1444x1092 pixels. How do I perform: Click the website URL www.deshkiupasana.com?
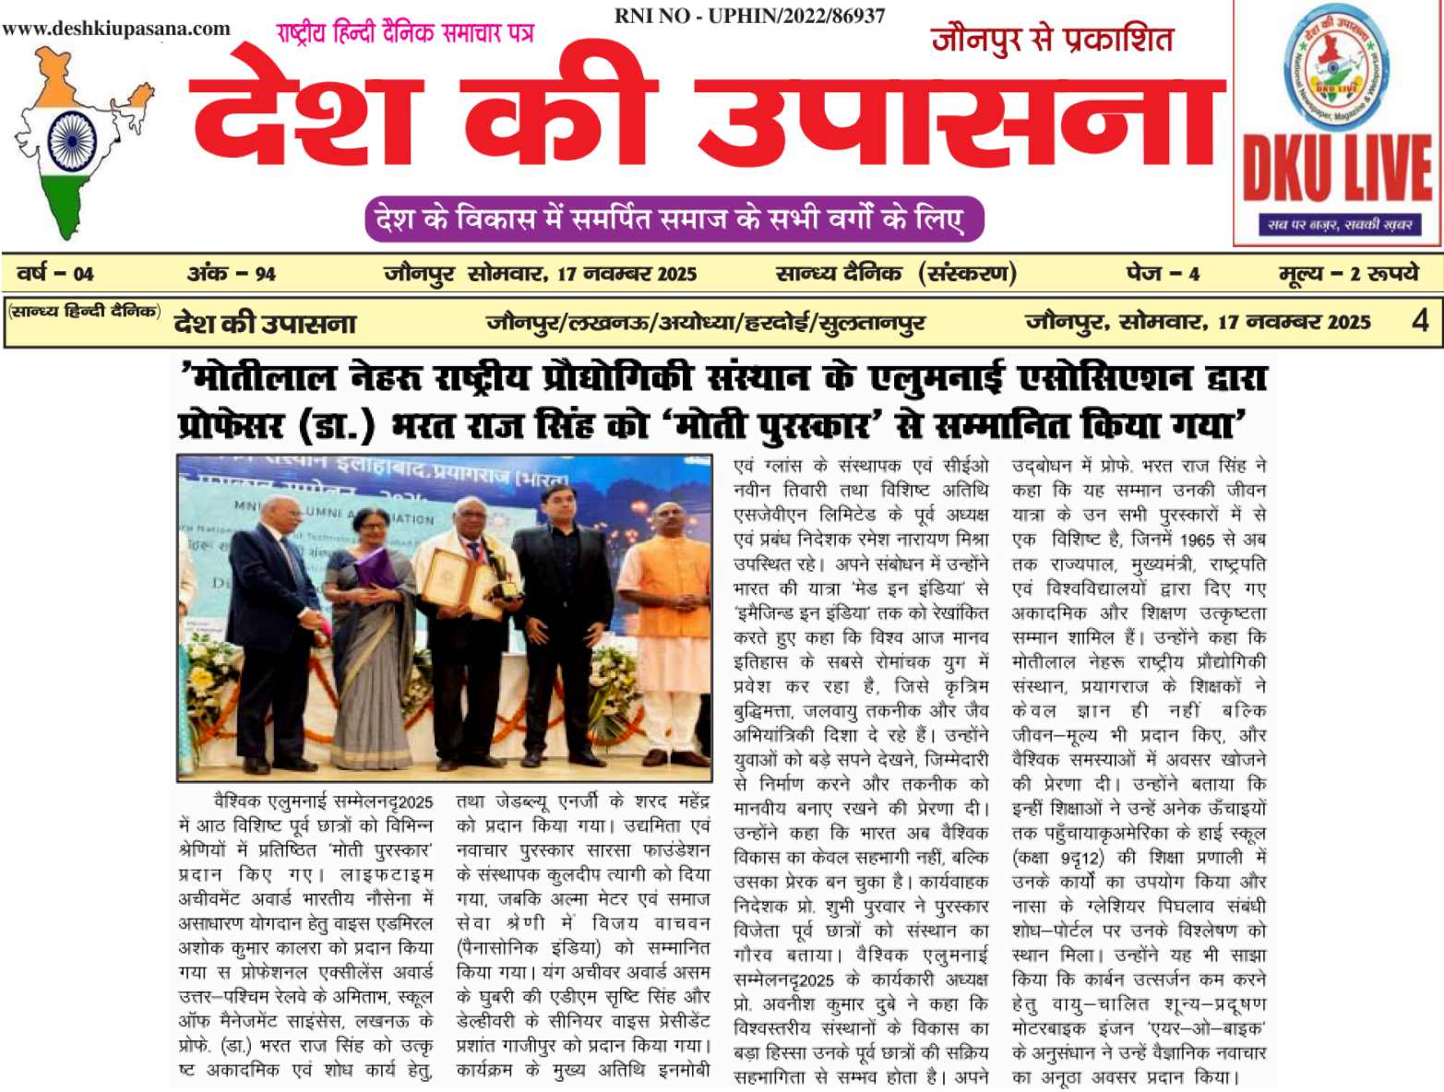pyautogui.click(x=116, y=29)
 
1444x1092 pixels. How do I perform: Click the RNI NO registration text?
pyautogui.click(x=749, y=16)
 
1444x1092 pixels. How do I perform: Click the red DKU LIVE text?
pyautogui.click(x=1337, y=169)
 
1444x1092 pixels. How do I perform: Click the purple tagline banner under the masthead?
pyautogui.click(x=674, y=220)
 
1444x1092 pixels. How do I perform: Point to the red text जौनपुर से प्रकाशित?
pyautogui.click(x=1052, y=40)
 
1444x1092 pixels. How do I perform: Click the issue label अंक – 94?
pyautogui.click(x=232, y=274)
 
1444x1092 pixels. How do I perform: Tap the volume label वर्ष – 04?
pyautogui.click(x=55, y=274)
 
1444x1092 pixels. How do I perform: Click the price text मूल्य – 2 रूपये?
pyautogui.click(x=1348, y=274)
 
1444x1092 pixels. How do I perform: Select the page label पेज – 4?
pyautogui.click(x=1162, y=274)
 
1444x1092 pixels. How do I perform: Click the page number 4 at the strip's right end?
pyautogui.click(x=1420, y=321)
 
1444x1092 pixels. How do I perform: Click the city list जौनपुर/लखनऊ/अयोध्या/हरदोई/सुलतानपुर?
pyautogui.click(x=706, y=323)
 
